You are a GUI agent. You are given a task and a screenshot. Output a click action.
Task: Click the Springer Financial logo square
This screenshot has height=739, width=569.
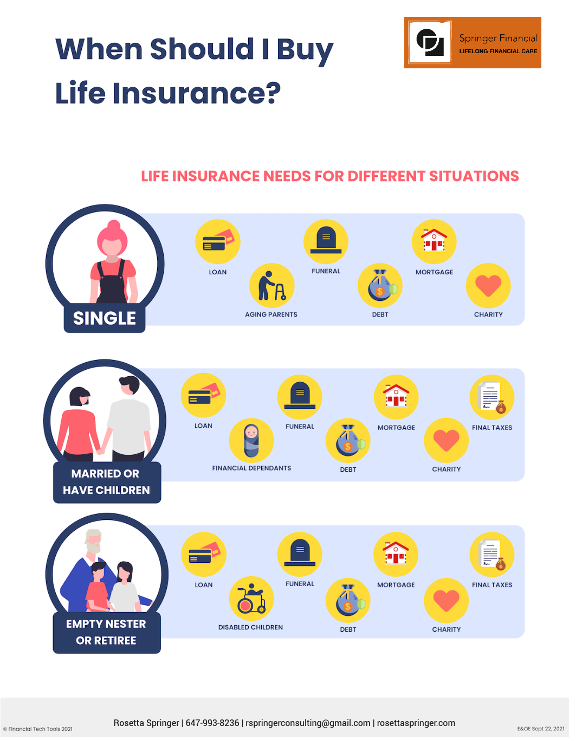pyautogui.click(x=430, y=42)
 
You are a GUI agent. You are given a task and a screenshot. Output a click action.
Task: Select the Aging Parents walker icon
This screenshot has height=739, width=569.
pyautogui.click(x=271, y=285)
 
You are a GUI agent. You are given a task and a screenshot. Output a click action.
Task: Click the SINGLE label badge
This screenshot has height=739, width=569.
pyautogui.click(x=105, y=318)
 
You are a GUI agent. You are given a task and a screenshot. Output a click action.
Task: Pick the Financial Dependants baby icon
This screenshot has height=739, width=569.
pyautogui.click(x=251, y=440)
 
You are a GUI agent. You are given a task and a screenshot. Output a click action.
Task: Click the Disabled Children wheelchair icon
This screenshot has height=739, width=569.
pyautogui.click(x=251, y=599)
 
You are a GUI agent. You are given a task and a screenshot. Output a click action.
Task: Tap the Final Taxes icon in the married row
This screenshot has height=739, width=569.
pyautogui.click(x=492, y=397)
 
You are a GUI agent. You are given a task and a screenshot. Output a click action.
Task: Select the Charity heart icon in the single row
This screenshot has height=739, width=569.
pyautogui.click(x=488, y=285)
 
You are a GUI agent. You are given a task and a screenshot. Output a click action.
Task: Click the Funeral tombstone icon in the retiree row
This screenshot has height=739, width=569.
pyautogui.click(x=300, y=554)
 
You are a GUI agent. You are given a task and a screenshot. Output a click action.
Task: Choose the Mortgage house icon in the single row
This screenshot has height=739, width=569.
pyautogui.click(x=434, y=241)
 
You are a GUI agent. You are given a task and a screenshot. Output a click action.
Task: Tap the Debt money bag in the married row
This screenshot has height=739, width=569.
pyautogui.click(x=348, y=440)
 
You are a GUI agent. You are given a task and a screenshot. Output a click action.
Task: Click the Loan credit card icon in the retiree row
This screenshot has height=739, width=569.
pyautogui.click(x=204, y=554)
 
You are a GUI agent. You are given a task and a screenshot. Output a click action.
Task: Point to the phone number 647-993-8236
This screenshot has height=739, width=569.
pyautogui.click(x=212, y=723)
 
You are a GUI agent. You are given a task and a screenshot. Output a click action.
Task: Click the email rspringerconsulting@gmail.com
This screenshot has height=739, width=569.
pyautogui.click(x=308, y=723)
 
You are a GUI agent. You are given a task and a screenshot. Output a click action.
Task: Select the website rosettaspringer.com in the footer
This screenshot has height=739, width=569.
pyautogui.click(x=416, y=723)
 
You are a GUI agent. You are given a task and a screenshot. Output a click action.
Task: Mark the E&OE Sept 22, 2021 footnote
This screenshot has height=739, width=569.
pyautogui.click(x=540, y=729)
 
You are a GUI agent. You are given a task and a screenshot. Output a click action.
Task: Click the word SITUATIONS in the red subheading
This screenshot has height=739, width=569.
pyautogui.click(x=474, y=176)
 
